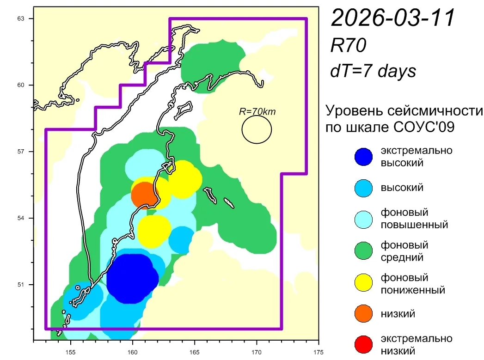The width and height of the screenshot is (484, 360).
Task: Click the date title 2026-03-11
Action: point(393,18)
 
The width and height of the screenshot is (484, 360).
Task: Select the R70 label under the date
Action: point(348,45)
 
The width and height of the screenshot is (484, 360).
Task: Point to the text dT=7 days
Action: point(373,71)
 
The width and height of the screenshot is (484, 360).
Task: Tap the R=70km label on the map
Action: point(257,111)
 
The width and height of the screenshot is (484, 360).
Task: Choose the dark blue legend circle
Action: point(363,157)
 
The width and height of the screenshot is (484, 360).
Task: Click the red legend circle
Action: point(363,344)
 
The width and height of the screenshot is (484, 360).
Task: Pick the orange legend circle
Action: point(363,313)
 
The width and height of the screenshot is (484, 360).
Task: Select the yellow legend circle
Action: point(363,282)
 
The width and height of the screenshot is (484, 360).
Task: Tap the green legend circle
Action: point(363,250)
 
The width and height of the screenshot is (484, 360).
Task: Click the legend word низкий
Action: point(398,314)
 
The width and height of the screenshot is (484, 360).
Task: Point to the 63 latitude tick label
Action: point(21,18)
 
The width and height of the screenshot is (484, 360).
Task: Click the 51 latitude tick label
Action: point(21,284)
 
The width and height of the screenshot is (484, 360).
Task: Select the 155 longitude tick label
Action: point(70,352)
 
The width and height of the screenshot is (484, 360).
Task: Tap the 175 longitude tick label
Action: point(319,352)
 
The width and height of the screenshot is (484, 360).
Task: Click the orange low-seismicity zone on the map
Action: point(143,195)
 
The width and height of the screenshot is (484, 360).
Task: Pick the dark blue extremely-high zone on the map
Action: point(132,278)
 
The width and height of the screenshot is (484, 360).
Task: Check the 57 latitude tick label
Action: point(21,152)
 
